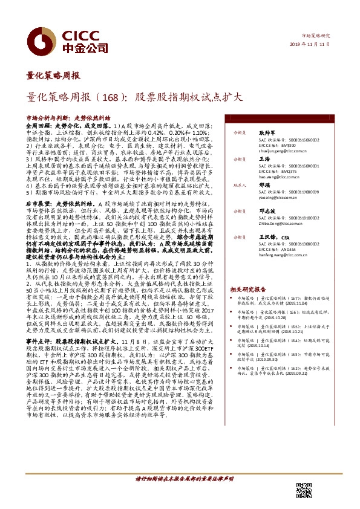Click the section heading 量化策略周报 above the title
53,76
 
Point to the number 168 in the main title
116,96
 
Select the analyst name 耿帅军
267,131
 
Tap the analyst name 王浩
264,158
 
